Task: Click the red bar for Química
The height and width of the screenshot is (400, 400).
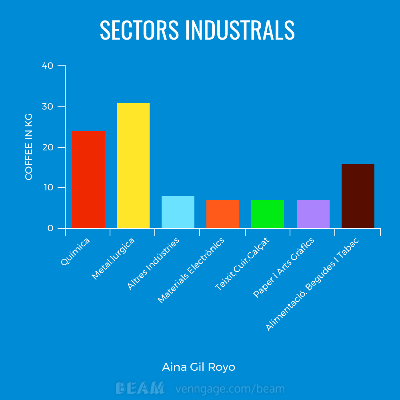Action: [x=88, y=180]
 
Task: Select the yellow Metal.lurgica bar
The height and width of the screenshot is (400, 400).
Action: [x=133, y=166]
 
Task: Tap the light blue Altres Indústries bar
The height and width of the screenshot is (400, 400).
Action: [x=178, y=212]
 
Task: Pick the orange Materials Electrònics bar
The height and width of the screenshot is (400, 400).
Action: [x=223, y=214]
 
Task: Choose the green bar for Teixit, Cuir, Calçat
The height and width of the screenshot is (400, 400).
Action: [x=268, y=214]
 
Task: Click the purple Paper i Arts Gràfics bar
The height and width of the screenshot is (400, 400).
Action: [x=313, y=214]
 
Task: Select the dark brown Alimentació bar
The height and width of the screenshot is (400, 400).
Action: [x=358, y=196]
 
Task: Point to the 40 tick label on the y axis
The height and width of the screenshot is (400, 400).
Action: [x=48, y=66]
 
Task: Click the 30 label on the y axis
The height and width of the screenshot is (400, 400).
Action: [x=48, y=107]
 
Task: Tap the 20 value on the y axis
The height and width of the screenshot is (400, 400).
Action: [x=48, y=148]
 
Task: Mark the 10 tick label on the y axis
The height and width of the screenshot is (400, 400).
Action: [x=48, y=188]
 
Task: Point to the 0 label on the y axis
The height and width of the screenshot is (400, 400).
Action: [x=50, y=228]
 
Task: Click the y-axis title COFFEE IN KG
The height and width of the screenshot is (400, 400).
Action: [x=29, y=147]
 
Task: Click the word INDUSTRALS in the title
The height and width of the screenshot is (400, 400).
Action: [x=240, y=30]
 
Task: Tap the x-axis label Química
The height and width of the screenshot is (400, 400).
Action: [x=76, y=251]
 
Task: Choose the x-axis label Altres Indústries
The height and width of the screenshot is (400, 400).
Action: [x=153, y=264]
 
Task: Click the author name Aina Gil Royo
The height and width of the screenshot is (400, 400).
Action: [x=198, y=367]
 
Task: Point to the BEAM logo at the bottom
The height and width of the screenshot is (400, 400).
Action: [x=140, y=388]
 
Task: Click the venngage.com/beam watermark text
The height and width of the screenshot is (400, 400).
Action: [x=230, y=388]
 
